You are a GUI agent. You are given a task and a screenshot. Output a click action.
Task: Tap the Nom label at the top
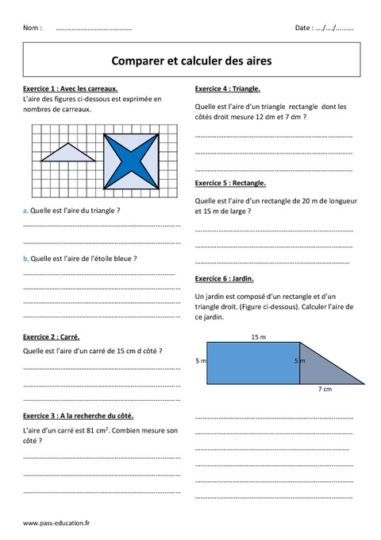(33, 28)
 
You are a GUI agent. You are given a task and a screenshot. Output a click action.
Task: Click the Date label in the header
(303, 28)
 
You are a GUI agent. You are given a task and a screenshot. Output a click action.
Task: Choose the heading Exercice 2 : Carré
(52, 336)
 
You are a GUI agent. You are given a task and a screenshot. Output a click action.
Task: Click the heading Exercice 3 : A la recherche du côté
(79, 416)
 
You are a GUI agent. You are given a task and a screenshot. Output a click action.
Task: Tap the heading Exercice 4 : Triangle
(227, 88)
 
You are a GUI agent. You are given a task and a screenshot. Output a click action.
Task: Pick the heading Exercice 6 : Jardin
(224, 279)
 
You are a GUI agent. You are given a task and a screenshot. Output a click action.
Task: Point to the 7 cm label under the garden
(325, 390)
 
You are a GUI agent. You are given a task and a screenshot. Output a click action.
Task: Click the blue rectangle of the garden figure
(252, 363)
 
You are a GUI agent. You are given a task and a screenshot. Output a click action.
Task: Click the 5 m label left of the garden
(200, 361)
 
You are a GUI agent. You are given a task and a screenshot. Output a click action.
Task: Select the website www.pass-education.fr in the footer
(56, 523)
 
